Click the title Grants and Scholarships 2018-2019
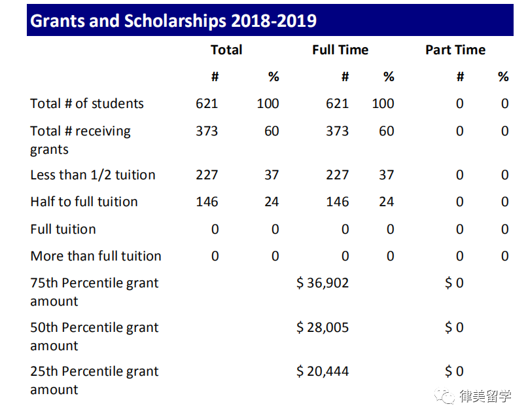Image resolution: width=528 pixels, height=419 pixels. coord(173,21)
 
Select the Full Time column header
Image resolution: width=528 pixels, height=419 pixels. coord(340,50)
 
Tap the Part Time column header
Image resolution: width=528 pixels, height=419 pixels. coord(455,50)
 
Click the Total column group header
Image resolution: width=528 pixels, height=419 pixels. coord(226,50)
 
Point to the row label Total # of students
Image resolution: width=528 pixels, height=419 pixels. coord(87,103)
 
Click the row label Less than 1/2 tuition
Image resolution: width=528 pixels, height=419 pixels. coord(93,175)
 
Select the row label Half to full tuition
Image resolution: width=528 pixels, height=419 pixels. coord(84,202)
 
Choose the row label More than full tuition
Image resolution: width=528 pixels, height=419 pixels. coord(96,256)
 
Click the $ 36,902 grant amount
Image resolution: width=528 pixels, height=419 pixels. coord(323,283)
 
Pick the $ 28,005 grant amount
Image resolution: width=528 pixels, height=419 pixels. coord(323,327)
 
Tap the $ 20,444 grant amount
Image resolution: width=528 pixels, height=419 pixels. coord(323,371)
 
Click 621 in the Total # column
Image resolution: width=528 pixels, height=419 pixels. coord(207,103)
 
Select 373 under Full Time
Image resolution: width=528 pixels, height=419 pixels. coord(338,131)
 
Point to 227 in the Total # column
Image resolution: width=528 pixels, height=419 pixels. coord(207,175)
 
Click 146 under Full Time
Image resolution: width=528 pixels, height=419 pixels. coord(338,202)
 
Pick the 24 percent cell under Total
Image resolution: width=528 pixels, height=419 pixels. coord(272,202)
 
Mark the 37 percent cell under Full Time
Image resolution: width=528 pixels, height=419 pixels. coord(387,175)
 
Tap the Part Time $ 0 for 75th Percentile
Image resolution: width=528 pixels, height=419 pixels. coord(454,283)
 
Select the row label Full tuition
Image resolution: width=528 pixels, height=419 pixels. coord(63,229)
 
